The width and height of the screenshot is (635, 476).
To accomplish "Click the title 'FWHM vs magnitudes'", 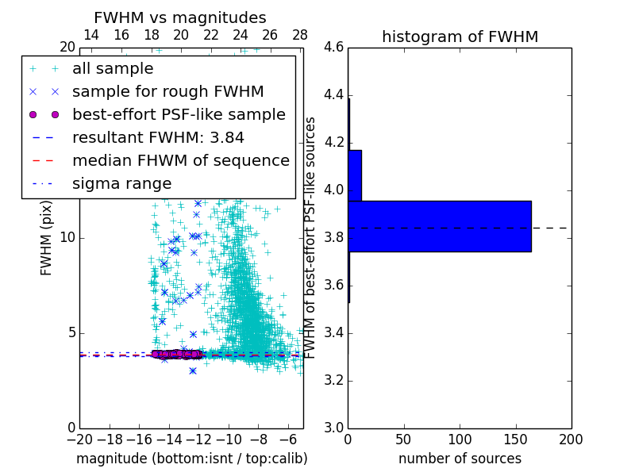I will point(180,17).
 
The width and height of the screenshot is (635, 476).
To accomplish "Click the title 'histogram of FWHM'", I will point(460,36).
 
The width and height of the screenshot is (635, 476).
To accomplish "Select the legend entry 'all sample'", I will point(113,69).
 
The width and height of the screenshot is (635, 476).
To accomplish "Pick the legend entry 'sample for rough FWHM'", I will point(167,92).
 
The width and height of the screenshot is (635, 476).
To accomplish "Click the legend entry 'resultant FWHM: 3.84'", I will point(158,137).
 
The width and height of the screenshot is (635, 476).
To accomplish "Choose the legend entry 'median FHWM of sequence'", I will point(180,160).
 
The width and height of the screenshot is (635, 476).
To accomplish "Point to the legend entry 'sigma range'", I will point(121,183).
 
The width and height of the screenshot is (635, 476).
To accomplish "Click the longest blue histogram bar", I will point(439,226).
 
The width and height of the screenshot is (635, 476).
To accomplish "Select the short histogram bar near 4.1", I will point(355,175).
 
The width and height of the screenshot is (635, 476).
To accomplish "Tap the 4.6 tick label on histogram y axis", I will point(333,48).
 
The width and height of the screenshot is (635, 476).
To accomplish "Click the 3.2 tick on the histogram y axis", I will point(333,380).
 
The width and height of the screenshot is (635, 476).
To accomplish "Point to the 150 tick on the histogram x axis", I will point(515,439).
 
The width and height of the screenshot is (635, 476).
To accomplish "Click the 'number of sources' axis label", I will point(460,459).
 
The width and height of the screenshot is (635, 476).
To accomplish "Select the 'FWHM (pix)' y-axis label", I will point(47,238).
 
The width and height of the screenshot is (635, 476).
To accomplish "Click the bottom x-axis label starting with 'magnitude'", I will point(191,459).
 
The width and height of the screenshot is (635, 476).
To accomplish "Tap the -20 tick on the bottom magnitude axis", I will point(79,439).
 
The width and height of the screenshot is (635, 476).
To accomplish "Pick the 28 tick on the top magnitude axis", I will point(300,35).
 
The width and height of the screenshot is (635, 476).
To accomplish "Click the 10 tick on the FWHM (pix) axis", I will point(68,238).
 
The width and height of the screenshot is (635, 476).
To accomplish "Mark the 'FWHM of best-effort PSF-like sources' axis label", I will point(311,238).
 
